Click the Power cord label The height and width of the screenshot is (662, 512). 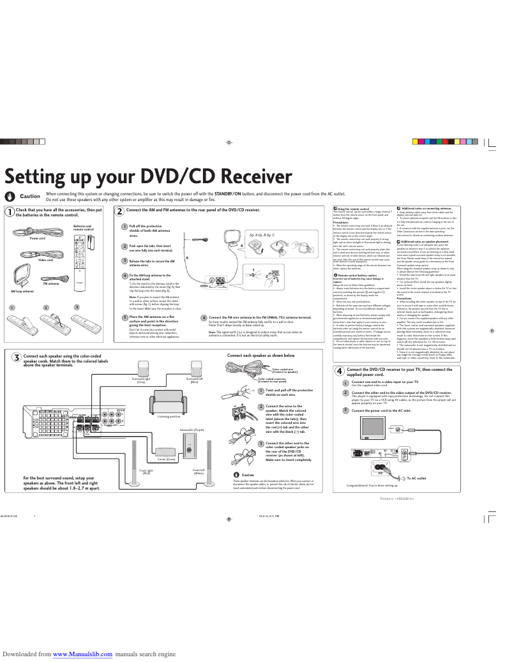click(38, 238)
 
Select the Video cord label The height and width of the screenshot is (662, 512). click(45, 260)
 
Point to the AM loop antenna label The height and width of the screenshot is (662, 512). click(22, 290)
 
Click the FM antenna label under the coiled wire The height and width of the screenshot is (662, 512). click(51, 283)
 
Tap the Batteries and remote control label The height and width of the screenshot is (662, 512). click(82, 227)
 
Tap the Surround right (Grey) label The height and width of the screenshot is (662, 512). click(141, 380)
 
